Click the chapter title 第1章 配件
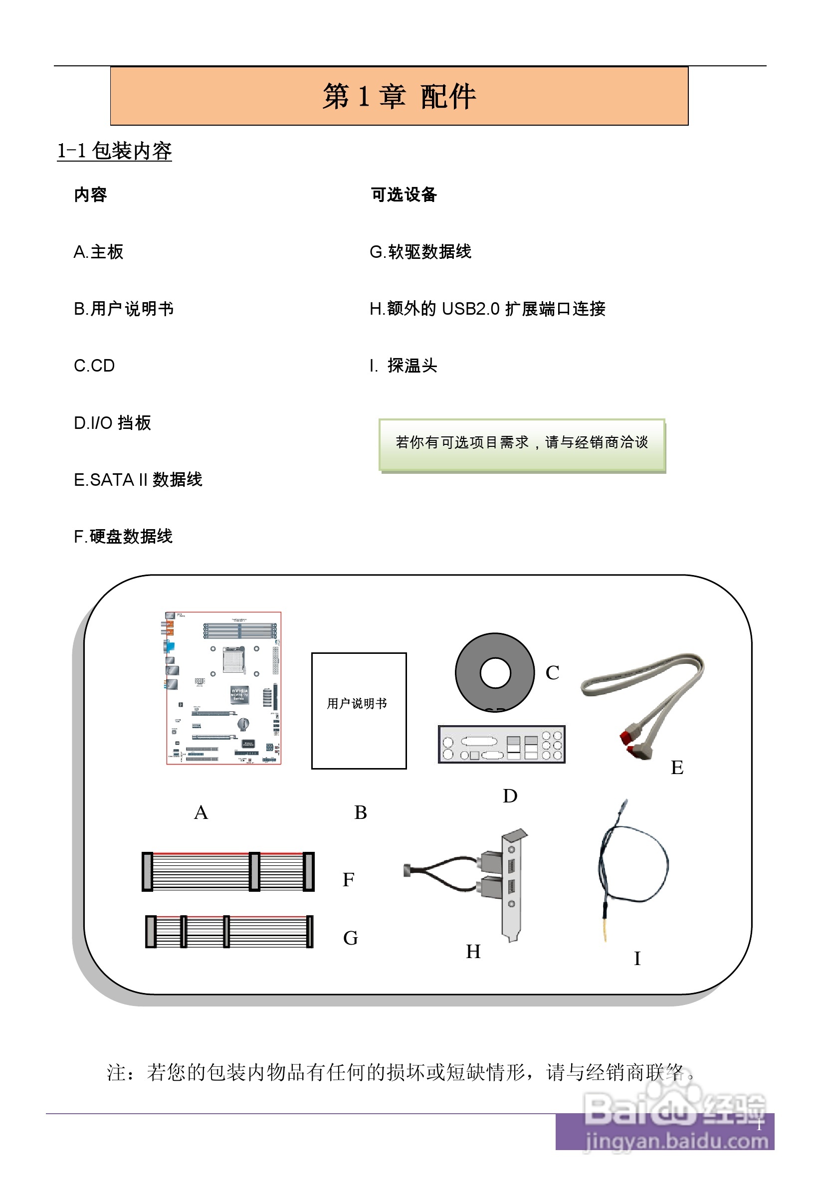point(399,96)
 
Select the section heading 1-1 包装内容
point(114,151)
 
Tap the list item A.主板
point(99,252)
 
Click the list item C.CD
point(94,366)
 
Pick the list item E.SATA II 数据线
point(138,480)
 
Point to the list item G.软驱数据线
point(420,252)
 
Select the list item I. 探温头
point(404,366)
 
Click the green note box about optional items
point(522,444)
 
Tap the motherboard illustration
point(223,688)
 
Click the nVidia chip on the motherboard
point(239,694)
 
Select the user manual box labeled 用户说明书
point(359,711)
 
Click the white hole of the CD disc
point(495,673)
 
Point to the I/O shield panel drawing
point(501,744)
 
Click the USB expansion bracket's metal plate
point(511,886)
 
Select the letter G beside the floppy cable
point(351,939)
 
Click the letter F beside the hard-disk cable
point(348,880)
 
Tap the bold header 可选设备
point(404,195)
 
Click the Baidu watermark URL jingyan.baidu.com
point(676,1141)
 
